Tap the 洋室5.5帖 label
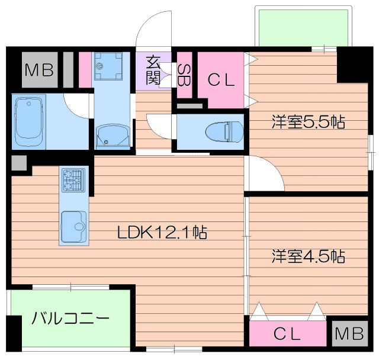tap(308, 123)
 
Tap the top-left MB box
tap(39, 70)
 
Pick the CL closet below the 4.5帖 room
tap(288, 334)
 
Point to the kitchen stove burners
tap(73, 179)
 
